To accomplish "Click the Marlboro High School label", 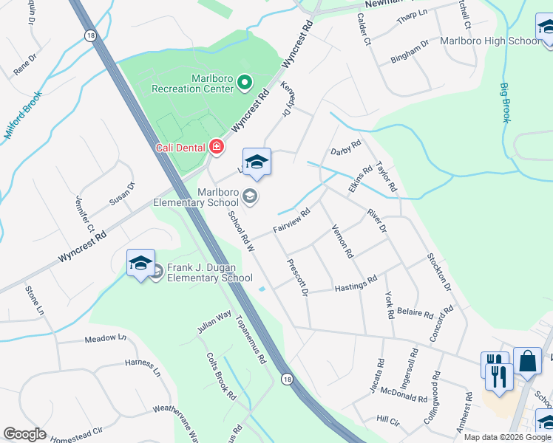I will click(490, 41).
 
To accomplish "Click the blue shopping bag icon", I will click(527, 362).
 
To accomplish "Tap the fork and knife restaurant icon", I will click(499, 376).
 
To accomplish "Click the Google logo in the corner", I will click(24, 434).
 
